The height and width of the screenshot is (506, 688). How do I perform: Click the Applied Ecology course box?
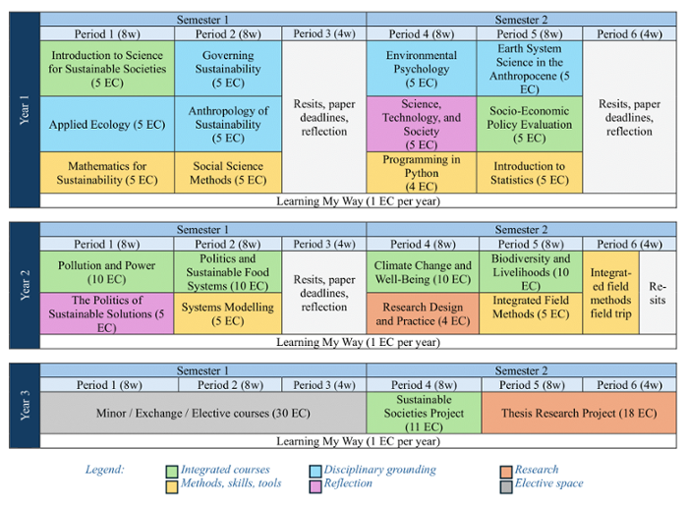[108, 125]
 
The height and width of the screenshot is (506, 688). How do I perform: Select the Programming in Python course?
[422, 173]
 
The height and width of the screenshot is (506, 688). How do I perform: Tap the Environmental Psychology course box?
[422, 69]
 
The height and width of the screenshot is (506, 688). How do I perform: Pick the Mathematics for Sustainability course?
[108, 173]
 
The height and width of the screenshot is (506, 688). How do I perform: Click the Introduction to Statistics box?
[529, 173]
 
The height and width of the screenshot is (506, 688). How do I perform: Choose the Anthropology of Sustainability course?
[228, 125]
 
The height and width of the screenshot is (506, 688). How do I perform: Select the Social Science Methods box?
[228, 173]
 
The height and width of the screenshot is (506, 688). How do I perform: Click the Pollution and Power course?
[108, 272]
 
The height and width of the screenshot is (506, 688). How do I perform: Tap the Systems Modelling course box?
[228, 313]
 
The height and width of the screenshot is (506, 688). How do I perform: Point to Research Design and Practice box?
[422, 313]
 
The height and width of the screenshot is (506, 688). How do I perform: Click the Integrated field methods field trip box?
[610, 293]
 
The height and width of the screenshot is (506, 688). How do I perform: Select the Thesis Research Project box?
[579, 414]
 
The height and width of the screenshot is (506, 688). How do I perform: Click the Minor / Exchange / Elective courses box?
[202, 414]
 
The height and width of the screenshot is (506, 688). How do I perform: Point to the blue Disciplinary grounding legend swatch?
[315, 471]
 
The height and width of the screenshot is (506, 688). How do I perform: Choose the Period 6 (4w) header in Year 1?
[629, 33]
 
